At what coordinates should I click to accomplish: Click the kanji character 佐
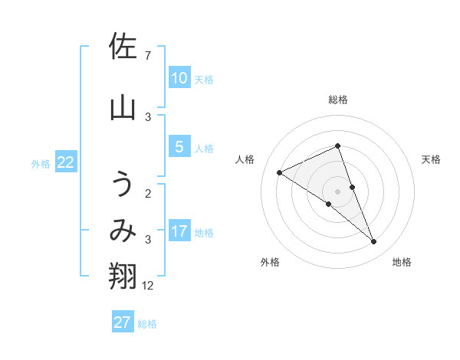tap(123, 48)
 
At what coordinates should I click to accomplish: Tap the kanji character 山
tap(123, 109)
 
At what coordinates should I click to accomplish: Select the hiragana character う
tap(123, 186)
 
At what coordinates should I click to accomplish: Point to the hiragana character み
tap(123, 231)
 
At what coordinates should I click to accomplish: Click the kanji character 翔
tap(123, 277)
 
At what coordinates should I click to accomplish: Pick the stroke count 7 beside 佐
tap(147, 56)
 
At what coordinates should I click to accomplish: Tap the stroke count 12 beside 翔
tap(149, 286)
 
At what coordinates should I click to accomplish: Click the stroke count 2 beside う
tap(147, 193)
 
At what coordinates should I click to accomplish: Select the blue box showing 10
tap(179, 77)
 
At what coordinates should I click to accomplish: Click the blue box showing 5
tap(179, 146)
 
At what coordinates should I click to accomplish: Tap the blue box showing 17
tap(179, 231)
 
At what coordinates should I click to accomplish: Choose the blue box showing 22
tap(66, 162)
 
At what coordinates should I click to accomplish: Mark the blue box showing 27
tap(123, 322)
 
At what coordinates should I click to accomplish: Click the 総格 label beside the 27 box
tap(147, 324)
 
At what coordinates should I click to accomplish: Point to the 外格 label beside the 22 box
tap(41, 163)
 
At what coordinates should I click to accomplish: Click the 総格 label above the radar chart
tap(338, 100)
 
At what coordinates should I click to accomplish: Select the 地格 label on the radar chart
tap(402, 262)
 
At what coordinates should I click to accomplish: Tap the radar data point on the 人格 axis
tap(280, 172)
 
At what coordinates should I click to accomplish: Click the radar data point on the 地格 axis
tap(374, 242)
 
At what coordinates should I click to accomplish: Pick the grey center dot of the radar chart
tap(338, 191)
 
